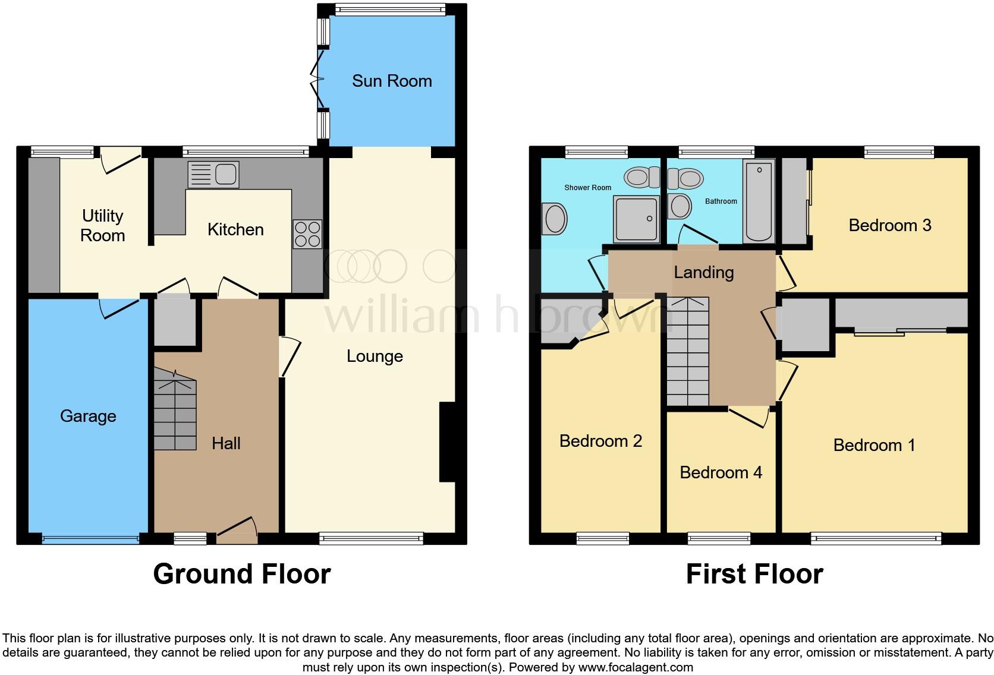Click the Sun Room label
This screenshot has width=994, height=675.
[x=392, y=81]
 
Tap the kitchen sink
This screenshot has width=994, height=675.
[x=213, y=174]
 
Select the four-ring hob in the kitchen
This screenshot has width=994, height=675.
[x=307, y=234]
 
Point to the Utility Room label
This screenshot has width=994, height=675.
[x=103, y=225]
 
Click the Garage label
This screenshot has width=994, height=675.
[x=88, y=416]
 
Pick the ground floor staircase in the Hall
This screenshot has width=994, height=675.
[x=175, y=410]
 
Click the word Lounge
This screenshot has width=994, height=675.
[x=375, y=356]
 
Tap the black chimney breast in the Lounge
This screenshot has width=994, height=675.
[x=447, y=442]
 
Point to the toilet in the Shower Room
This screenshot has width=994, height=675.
[x=641, y=176]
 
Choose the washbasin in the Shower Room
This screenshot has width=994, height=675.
[x=555, y=218]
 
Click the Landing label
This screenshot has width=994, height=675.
[x=704, y=272]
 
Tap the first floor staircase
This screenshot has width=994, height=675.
[x=688, y=351]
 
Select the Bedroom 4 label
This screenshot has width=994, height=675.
[x=721, y=472]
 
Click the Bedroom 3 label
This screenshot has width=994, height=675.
[x=889, y=225]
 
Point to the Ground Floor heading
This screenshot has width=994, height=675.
[x=241, y=574]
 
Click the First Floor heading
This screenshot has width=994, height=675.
[x=754, y=574]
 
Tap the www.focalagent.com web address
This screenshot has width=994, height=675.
[x=636, y=667]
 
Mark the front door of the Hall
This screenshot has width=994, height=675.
[x=237, y=531]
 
